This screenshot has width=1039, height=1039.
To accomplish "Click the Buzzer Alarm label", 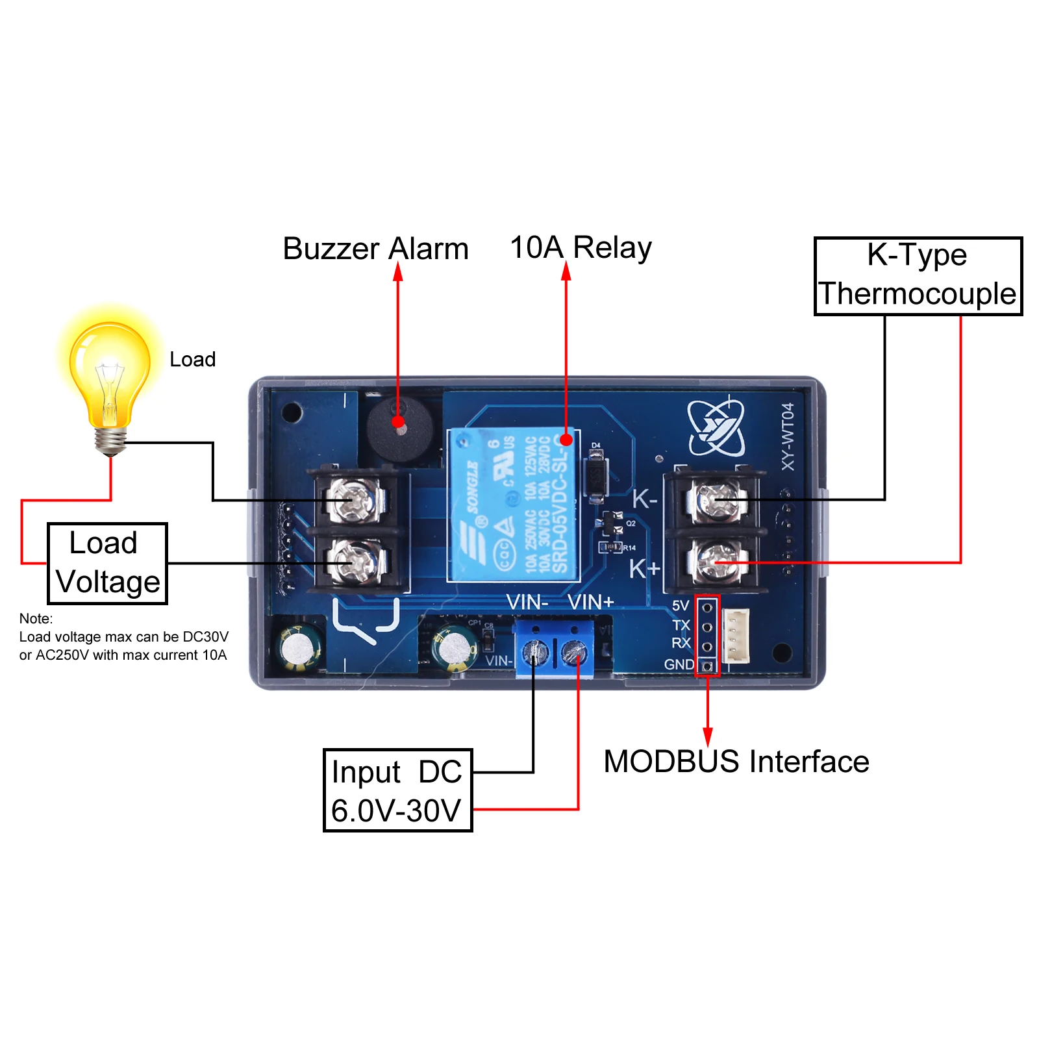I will pos(375,249).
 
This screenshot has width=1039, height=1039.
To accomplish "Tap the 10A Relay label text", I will pos(581,248).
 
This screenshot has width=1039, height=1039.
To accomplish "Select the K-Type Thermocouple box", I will pos(918,276).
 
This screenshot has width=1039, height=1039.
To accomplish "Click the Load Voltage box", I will pos(107,563).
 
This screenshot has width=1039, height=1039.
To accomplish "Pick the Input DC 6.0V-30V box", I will pos(397,790).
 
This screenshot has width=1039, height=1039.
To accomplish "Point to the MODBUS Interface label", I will pos(736,762).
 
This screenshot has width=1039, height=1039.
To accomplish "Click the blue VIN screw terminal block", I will pos(554,649).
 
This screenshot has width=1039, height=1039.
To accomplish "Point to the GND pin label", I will pos(679,664).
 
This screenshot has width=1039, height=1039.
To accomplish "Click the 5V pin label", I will pos(680,606).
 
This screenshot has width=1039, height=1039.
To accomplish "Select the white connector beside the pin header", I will pos(736,636).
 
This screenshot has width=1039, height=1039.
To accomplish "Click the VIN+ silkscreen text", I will pos(590,603).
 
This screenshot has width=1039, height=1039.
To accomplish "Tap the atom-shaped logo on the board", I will pos(716,428).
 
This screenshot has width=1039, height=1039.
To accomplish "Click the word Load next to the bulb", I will pos(192,360).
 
